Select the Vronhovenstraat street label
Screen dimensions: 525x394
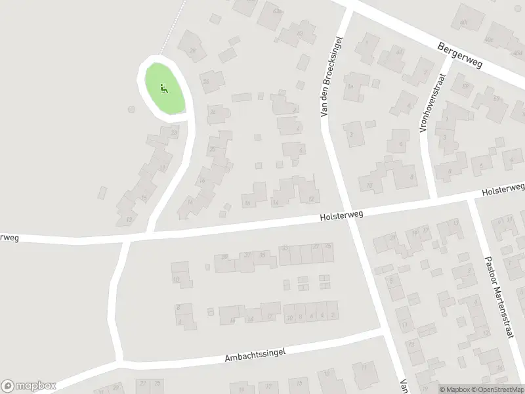tap(430, 95)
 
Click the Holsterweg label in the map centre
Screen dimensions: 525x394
tap(341, 215)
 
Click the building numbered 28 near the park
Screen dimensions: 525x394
tap(192, 50)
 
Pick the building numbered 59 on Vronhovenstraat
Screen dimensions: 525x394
tap(465, 85)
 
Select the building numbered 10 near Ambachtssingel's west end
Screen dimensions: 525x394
tap(177, 279)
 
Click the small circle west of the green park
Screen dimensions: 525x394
tap(131, 109)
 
